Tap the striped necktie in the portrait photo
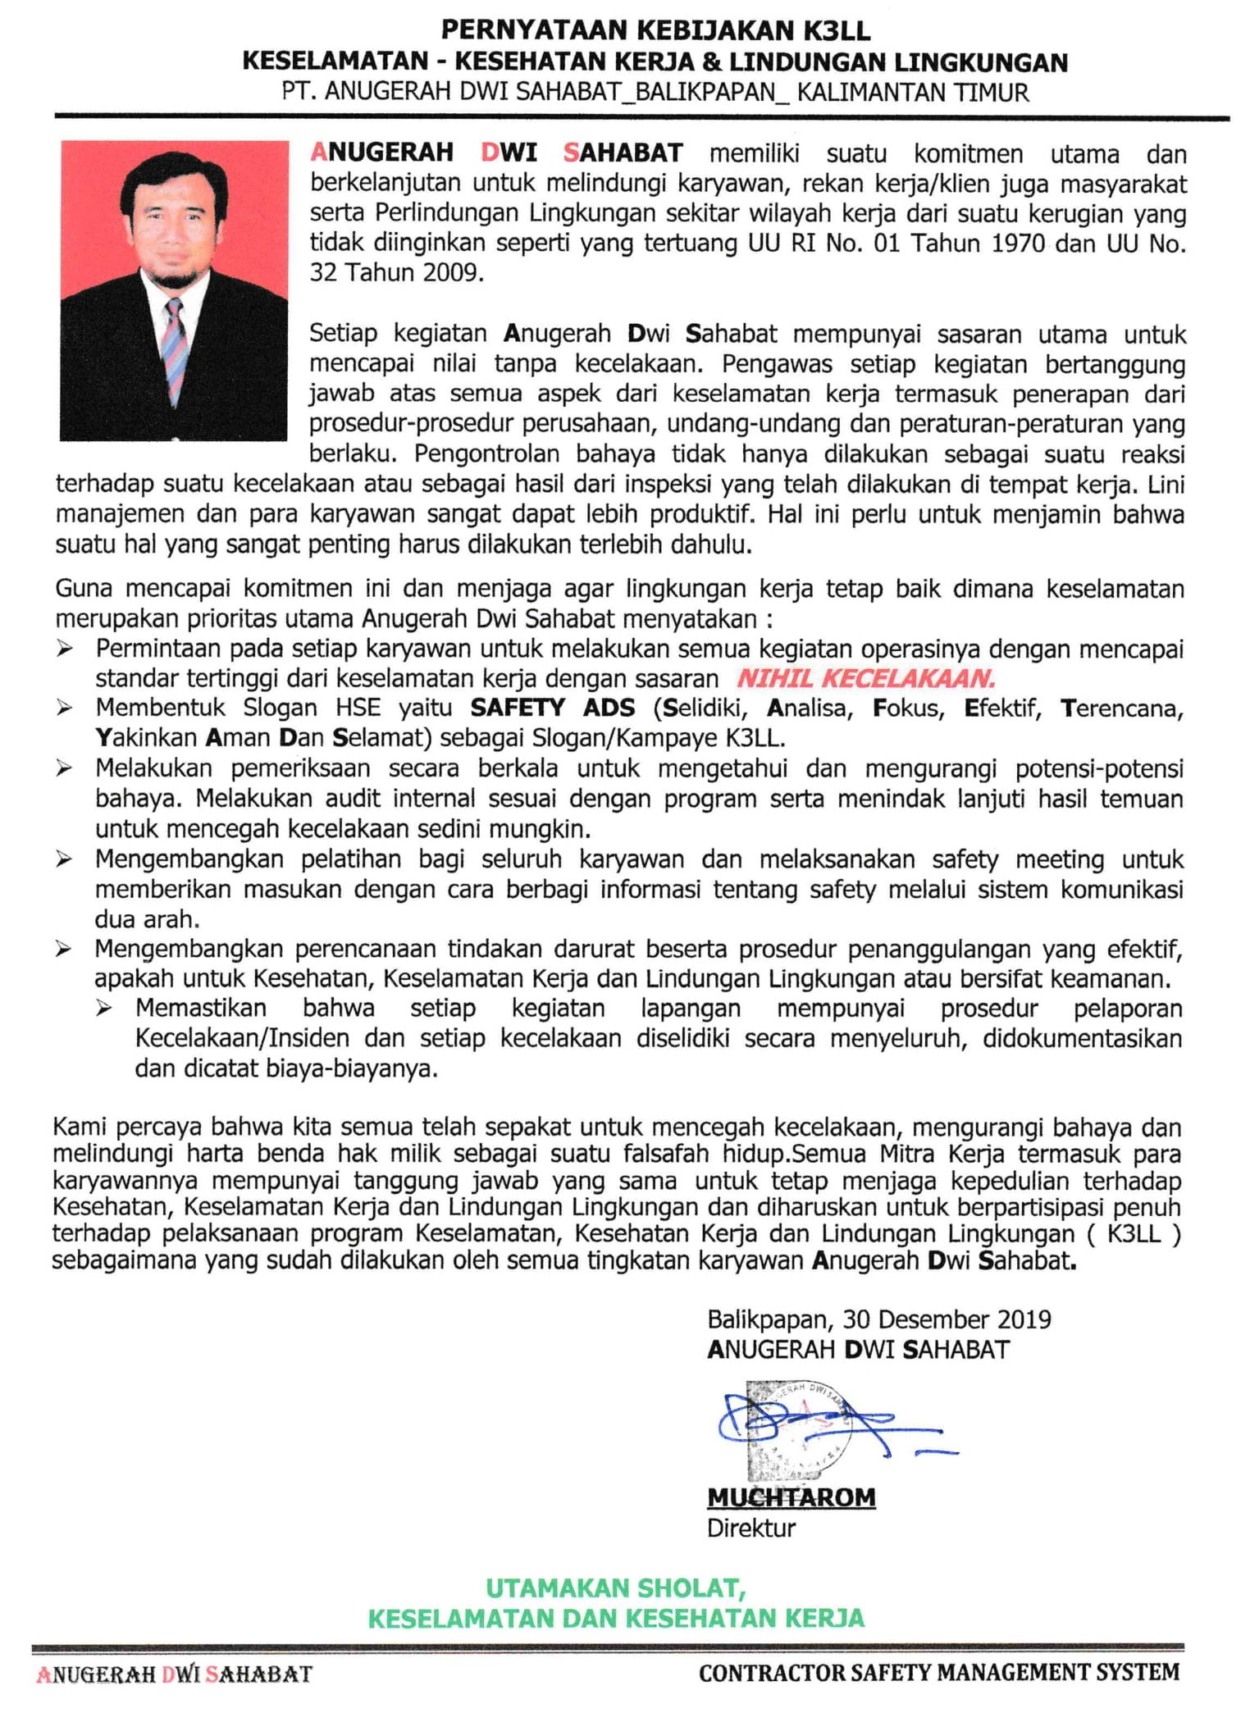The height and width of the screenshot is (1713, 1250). point(175,351)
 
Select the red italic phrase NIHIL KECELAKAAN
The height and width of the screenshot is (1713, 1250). point(865,679)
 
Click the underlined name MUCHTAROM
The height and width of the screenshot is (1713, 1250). point(791,1497)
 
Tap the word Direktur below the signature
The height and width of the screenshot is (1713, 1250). point(750,1528)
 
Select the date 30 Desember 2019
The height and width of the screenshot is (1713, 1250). point(947,1319)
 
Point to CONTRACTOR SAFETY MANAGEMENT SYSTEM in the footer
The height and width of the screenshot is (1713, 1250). point(939,1673)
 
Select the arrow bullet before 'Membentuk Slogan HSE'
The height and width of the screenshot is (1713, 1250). point(65,708)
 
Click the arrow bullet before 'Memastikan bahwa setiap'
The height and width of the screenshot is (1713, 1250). point(104,1009)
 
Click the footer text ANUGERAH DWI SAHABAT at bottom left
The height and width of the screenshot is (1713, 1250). point(175,1674)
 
